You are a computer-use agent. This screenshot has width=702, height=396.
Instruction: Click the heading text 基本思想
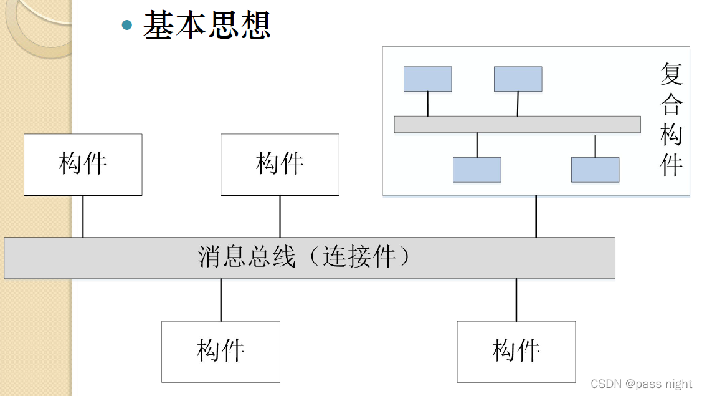[x=206, y=26]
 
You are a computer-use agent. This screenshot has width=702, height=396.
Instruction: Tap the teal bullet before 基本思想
[x=128, y=25]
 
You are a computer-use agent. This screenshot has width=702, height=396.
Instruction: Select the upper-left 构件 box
[x=83, y=165]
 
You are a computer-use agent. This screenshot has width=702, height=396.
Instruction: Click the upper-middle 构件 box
[x=280, y=165]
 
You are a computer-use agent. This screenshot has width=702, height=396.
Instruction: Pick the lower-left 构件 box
[x=221, y=352]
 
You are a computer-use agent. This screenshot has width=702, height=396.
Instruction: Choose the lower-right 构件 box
[x=516, y=352]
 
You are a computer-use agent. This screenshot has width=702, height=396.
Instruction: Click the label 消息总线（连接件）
[x=305, y=257]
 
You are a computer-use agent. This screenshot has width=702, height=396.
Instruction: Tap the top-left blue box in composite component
[x=427, y=79]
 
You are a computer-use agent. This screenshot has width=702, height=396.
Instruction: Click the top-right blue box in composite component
[x=518, y=79]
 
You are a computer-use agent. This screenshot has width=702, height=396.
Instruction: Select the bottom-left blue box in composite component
[x=477, y=170]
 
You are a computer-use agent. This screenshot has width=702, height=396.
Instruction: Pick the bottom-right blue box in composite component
[x=595, y=170]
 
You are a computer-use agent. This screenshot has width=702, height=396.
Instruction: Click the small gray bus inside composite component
[x=517, y=124]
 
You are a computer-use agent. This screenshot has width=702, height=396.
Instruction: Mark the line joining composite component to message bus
[x=536, y=216]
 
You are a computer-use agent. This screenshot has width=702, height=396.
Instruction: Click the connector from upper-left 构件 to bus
[x=83, y=216]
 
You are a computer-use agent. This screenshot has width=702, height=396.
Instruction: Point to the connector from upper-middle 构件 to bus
[x=280, y=216]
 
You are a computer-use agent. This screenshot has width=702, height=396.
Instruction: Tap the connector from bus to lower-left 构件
[x=221, y=299]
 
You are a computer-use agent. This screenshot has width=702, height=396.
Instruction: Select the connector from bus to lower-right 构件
[x=516, y=299]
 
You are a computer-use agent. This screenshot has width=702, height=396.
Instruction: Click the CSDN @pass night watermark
[x=641, y=384]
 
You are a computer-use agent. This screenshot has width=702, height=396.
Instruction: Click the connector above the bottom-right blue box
[x=595, y=145]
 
